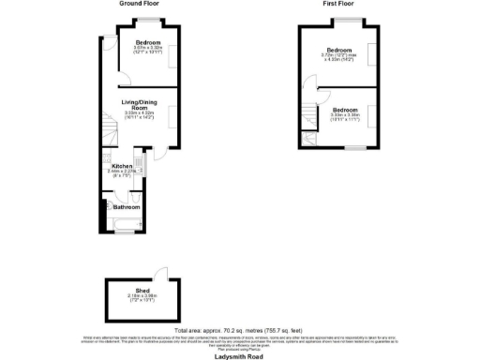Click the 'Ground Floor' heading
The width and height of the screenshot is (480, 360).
click(138, 4)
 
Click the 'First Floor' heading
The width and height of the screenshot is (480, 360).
click(343, 4)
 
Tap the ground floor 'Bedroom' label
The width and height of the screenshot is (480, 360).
click(147, 44)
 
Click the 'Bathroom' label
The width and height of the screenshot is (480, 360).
click(127, 206)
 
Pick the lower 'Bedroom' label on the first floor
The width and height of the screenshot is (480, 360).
click(344, 110)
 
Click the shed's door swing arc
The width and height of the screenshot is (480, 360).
click(163, 273)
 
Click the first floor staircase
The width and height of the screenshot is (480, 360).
click(308, 140)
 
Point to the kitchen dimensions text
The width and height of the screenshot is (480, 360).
click(123, 172)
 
